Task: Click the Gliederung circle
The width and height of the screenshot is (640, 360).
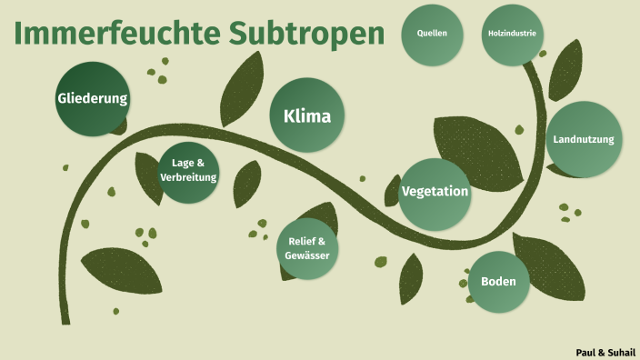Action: [93, 98]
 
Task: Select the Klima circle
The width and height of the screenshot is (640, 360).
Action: [307, 115]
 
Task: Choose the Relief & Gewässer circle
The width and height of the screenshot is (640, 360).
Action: [307, 248]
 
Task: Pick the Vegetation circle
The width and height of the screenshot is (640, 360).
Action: [435, 192]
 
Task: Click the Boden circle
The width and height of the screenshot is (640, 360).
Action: [498, 282]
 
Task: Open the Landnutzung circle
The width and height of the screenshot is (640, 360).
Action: [584, 139]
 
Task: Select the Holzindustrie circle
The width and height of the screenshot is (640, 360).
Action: [512, 35]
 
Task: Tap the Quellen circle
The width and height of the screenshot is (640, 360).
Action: [432, 35]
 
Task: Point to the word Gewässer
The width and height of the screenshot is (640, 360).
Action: [307, 255]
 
